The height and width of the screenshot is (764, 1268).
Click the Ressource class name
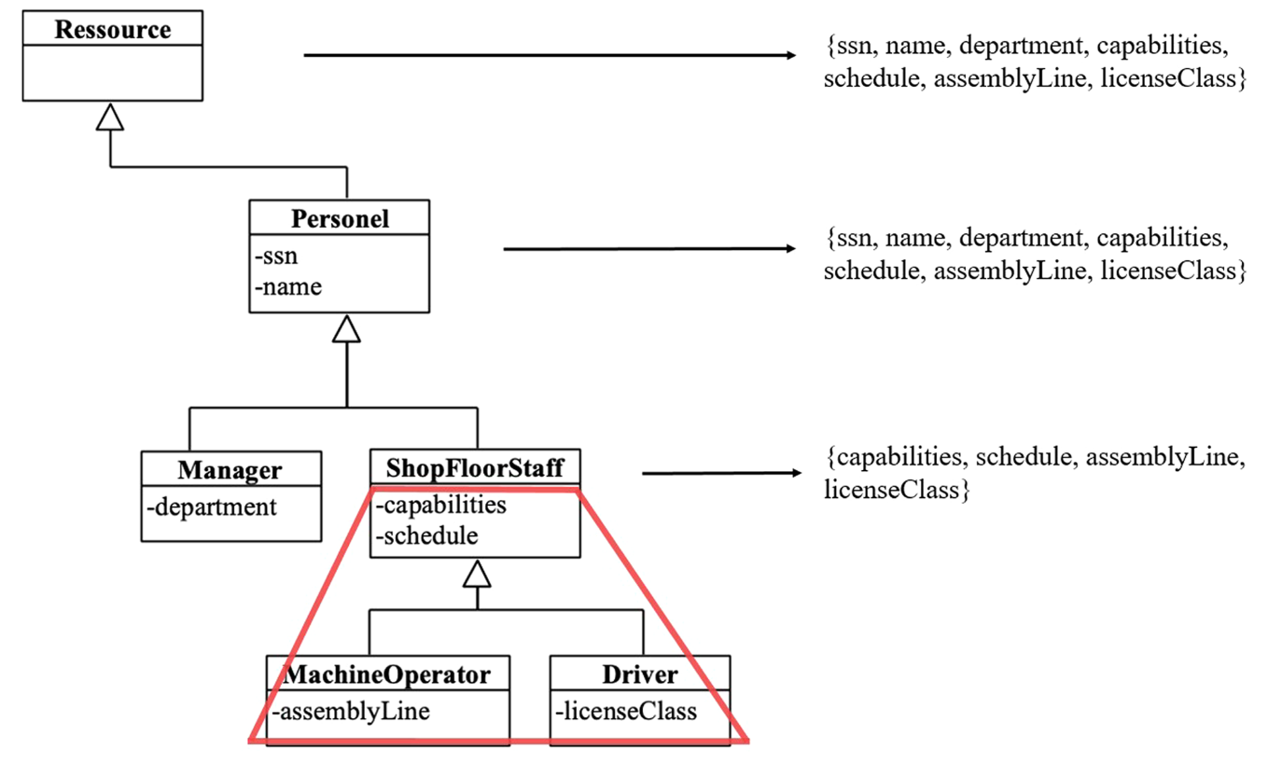click(x=112, y=30)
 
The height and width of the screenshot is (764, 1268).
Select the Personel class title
click(x=340, y=219)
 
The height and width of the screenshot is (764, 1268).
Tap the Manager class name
click(x=230, y=469)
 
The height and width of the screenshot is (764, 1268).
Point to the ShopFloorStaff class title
click(x=475, y=466)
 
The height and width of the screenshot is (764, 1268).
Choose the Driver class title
click(x=639, y=674)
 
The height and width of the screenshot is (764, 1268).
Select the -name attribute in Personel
click(x=287, y=285)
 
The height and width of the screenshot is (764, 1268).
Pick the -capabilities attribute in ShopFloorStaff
click(x=440, y=505)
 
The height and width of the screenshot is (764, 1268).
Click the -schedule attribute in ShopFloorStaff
click(x=426, y=535)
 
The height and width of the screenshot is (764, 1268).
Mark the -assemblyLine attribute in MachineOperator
click(x=351, y=711)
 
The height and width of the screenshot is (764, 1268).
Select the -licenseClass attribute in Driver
click(x=626, y=711)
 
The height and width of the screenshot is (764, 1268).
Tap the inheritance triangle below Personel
click(x=346, y=329)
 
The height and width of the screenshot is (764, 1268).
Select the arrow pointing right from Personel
click(x=649, y=249)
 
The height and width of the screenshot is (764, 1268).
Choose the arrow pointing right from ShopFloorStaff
click(x=721, y=473)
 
